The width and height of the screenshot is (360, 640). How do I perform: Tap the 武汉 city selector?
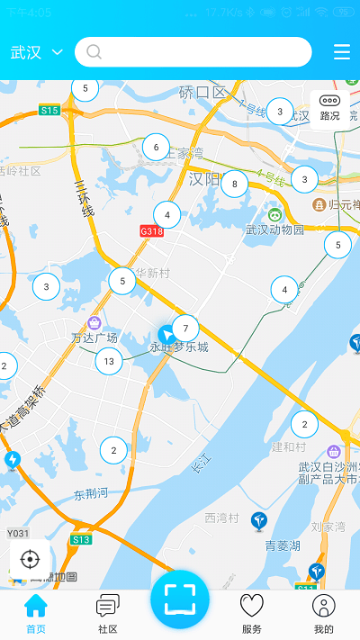(x=36, y=52)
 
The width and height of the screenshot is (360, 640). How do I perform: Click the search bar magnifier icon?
(x=94, y=52)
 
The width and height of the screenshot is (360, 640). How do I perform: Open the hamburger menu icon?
(x=342, y=52)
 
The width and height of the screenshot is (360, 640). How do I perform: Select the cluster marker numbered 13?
(x=109, y=362)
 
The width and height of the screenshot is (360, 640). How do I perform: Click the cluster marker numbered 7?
(x=185, y=329)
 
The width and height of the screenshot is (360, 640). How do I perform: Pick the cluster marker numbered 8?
(x=234, y=184)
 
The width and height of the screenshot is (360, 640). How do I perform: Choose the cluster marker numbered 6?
(x=157, y=148)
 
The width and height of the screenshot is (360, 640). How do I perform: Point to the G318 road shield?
(x=151, y=230)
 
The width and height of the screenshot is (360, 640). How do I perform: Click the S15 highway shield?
(x=49, y=111)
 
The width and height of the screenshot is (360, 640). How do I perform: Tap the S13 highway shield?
(x=81, y=539)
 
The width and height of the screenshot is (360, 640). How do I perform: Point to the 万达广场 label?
(x=94, y=338)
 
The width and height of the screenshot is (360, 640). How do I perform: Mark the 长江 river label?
(x=200, y=465)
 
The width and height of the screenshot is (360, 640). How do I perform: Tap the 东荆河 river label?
(x=91, y=493)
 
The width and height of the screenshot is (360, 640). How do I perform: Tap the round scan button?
(x=180, y=599)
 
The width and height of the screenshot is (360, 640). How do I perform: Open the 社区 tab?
(x=108, y=614)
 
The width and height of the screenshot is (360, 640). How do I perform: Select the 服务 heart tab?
(x=252, y=614)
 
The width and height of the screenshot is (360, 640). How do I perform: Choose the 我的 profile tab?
(x=324, y=614)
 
